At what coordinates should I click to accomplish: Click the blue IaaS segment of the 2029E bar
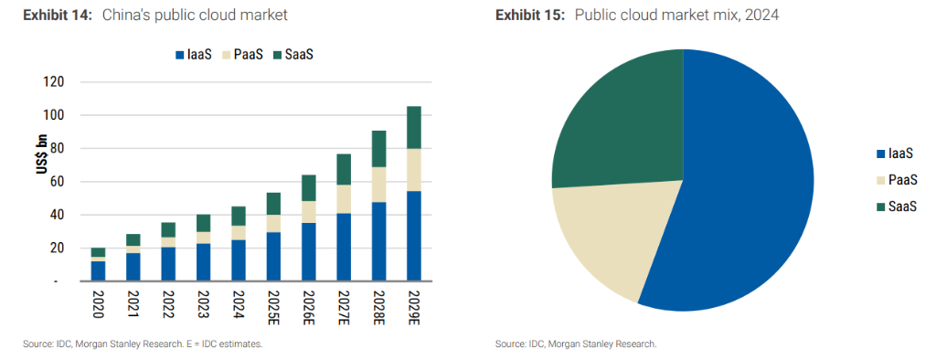[414, 236]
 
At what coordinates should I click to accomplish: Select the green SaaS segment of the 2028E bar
[378, 149]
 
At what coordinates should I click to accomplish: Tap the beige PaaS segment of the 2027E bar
[343, 198]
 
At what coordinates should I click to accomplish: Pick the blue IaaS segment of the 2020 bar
[98, 270]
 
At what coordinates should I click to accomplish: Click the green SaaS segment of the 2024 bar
[239, 216]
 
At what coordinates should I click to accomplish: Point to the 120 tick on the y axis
[54, 82]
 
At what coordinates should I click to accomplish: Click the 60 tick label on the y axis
[57, 182]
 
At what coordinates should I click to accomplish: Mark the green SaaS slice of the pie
[622, 119]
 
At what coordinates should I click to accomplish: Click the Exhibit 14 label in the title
[57, 16]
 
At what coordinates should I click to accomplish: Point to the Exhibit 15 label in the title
[530, 16]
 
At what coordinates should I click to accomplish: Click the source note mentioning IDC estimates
[143, 344]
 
